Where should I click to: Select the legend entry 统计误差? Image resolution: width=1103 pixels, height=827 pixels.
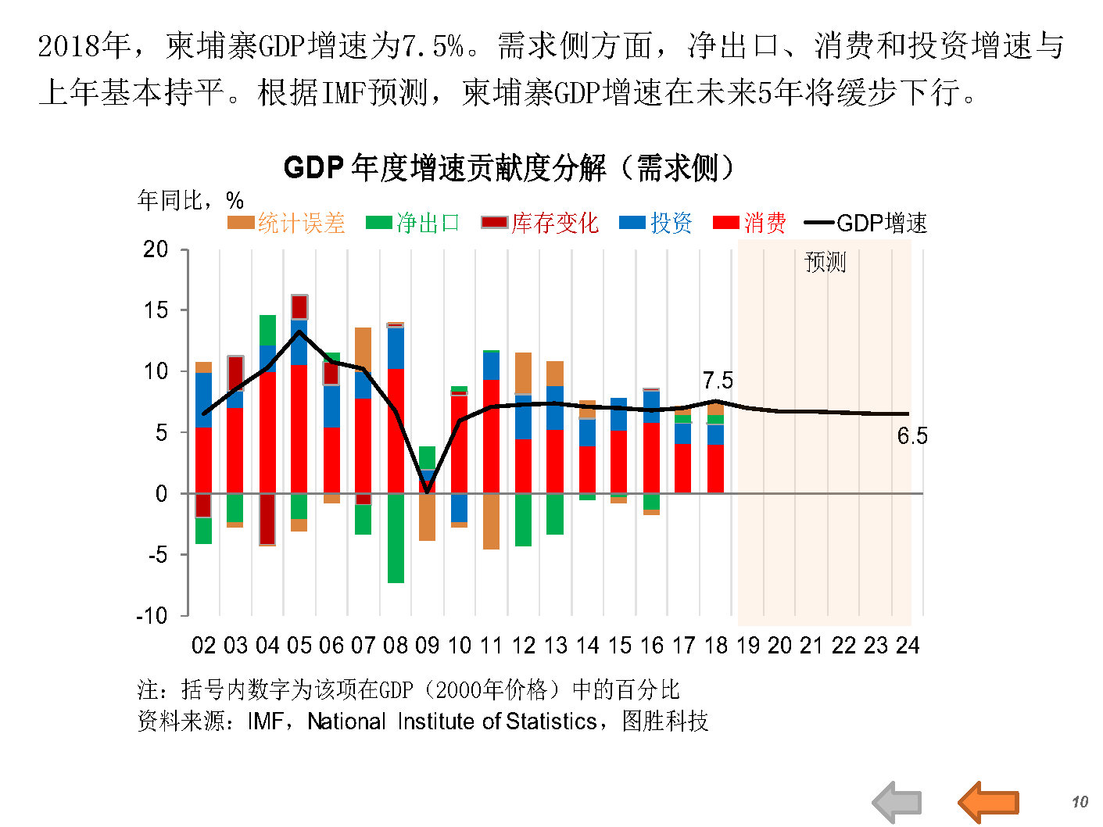pyautogui.click(x=286, y=224)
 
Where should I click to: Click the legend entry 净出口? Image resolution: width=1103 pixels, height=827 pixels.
pyautogui.click(x=414, y=224)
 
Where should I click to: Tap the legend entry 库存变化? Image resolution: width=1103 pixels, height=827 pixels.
pyautogui.click(x=540, y=224)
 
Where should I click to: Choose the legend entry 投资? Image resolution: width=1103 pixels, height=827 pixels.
pyautogui.click(x=656, y=224)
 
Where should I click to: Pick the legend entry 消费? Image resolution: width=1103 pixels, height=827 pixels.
pyautogui.click(x=750, y=224)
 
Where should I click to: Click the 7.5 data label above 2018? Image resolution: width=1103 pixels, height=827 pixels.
pyautogui.click(x=718, y=381)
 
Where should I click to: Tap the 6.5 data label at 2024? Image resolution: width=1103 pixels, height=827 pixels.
pyautogui.click(x=911, y=436)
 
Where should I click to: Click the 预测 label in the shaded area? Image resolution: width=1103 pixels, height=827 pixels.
pyautogui.click(x=825, y=262)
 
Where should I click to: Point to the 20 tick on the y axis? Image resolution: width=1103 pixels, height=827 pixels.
pyautogui.click(x=156, y=249)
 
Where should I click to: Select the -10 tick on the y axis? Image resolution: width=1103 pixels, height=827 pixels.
pyautogui.click(x=152, y=616)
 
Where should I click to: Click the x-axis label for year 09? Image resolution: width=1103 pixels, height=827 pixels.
pyautogui.click(x=427, y=646)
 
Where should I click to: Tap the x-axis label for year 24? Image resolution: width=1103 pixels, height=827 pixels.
pyautogui.click(x=908, y=646)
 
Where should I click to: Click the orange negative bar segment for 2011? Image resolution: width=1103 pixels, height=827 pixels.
pyautogui.click(x=491, y=521)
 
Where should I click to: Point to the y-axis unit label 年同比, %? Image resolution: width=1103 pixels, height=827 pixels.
pyautogui.click(x=191, y=200)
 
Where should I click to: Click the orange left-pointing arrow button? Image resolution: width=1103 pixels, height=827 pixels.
pyautogui.click(x=988, y=802)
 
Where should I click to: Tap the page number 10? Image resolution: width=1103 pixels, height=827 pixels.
pyautogui.click(x=1080, y=802)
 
